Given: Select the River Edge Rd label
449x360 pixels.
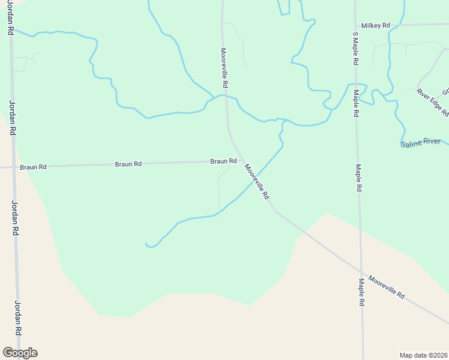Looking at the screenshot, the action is tap(432, 101).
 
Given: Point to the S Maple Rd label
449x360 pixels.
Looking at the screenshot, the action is tap(355, 50).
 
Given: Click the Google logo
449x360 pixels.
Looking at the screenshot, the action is tap(20, 353).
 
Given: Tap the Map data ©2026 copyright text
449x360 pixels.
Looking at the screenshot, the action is tap(424, 355).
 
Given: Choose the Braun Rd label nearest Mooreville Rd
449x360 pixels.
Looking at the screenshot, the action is tap(223, 161).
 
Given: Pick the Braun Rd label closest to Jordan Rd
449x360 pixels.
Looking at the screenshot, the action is tap(33, 167).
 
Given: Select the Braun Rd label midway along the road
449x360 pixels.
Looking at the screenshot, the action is tap(128, 164).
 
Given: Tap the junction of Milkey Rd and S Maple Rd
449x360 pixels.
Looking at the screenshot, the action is tap(355, 26).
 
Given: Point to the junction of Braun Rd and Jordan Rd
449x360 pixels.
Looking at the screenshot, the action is tap(13, 167).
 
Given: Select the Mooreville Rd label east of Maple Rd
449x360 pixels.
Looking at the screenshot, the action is tap(387, 287).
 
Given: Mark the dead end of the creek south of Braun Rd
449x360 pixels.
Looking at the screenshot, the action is tap(146, 244).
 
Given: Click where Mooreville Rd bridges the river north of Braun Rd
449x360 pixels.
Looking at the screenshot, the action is tap(225, 95).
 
